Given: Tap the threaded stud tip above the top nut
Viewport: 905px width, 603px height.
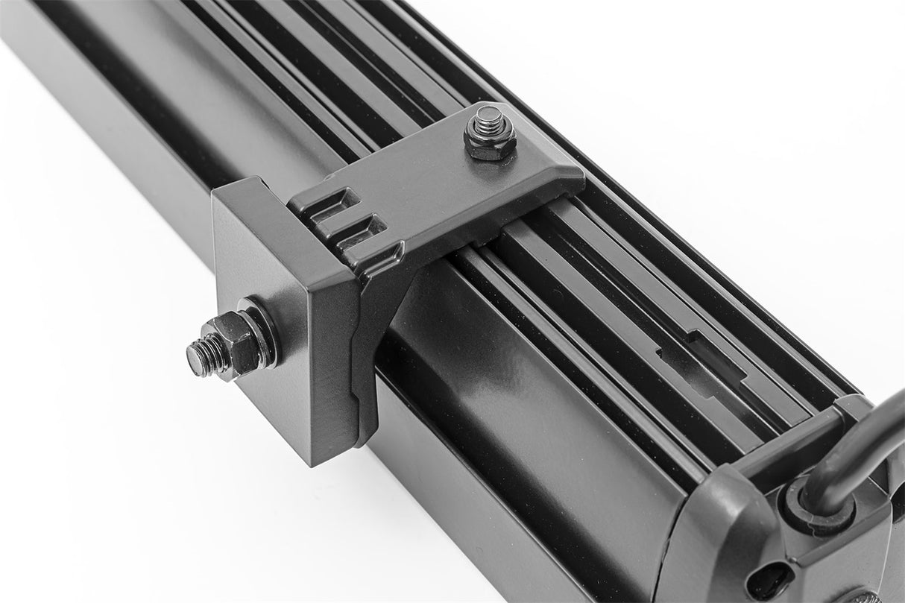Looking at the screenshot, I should (489, 119).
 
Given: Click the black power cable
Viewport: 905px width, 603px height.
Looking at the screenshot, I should (857, 447).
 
